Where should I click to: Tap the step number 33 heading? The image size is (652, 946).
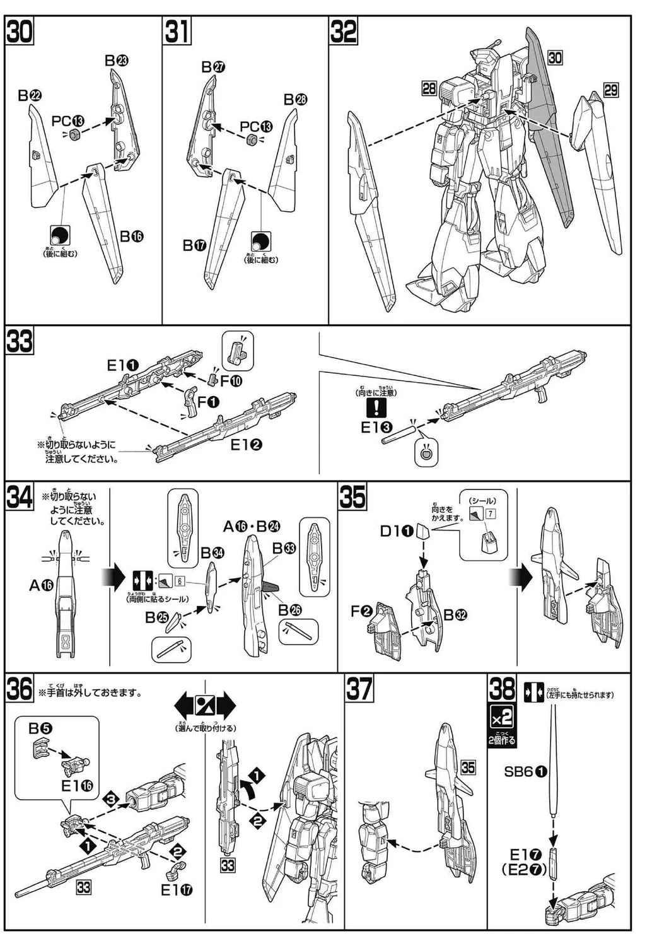point(20,342)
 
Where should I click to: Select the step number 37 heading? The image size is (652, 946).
point(359,688)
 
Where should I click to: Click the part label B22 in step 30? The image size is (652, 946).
point(30,95)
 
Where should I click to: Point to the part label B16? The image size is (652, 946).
point(132,237)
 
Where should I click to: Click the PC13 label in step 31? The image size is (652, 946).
point(256,127)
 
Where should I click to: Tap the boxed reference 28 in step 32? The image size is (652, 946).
point(429,88)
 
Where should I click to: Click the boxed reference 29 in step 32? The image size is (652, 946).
point(610,90)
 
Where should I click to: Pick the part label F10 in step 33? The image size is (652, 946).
point(231,381)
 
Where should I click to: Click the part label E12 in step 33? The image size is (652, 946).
point(246,445)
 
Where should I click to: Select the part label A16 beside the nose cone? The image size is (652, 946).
point(41,585)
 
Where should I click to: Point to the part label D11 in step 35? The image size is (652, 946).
point(396,531)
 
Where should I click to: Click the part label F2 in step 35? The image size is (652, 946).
point(363,611)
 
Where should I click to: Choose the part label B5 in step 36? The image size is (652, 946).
point(40,728)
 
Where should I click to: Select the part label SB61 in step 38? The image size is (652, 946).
point(526,771)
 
